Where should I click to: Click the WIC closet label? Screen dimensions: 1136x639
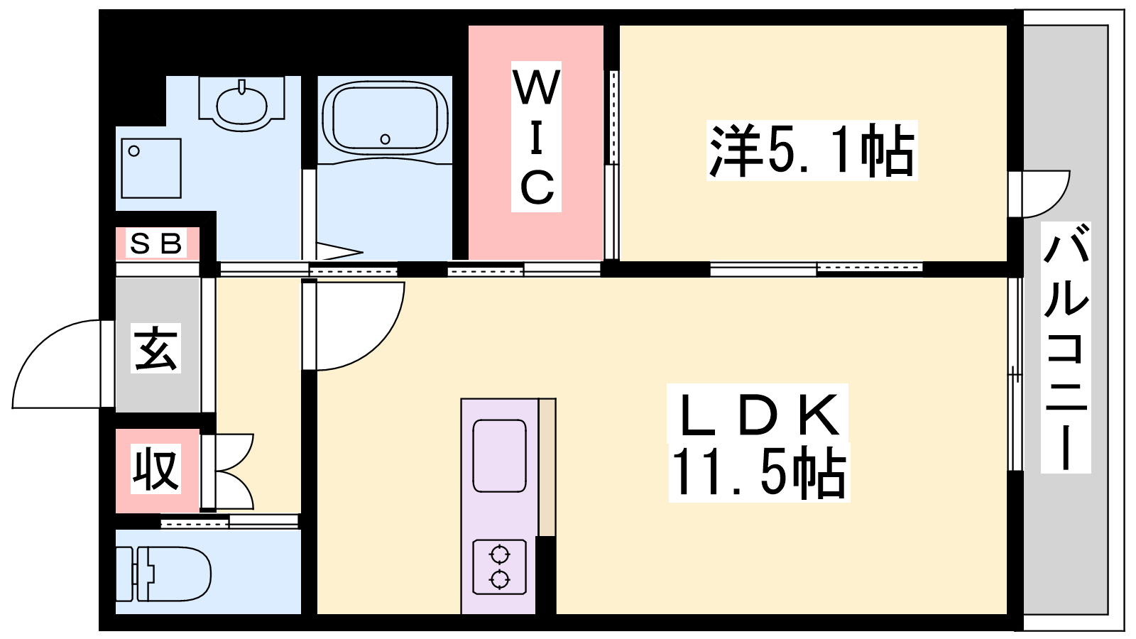point(536,136)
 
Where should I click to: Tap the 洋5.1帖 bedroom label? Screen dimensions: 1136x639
point(812,151)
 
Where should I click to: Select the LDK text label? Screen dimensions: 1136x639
point(758,415)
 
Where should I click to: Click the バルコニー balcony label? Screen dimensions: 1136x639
point(1066,347)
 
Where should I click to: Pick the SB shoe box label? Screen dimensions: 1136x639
point(155,244)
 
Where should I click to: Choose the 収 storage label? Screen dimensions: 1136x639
point(155,469)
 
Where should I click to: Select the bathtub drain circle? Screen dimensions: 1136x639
point(386,139)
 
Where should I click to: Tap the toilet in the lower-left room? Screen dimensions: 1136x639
point(163,574)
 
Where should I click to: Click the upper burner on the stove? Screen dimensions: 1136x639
point(500,555)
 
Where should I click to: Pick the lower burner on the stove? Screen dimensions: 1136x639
point(500,579)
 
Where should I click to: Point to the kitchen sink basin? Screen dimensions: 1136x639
point(500,455)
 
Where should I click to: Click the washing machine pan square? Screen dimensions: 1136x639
point(151,168)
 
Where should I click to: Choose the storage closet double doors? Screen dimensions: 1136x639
point(234,471)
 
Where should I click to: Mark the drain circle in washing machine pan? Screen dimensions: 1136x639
point(134,151)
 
